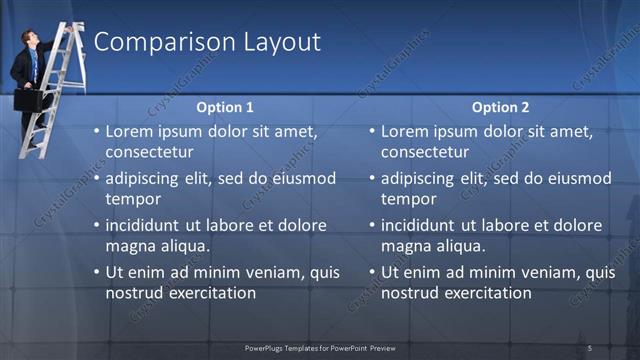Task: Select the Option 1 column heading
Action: [x=224, y=107]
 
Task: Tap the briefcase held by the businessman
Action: [x=28, y=100]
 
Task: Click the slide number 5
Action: [x=590, y=348]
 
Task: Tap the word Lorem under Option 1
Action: [x=129, y=131]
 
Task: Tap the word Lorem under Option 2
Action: [x=405, y=131]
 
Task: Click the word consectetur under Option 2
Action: [x=424, y=152]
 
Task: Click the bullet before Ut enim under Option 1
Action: [x=97, y=272]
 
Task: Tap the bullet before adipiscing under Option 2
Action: [x=373, y=179]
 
